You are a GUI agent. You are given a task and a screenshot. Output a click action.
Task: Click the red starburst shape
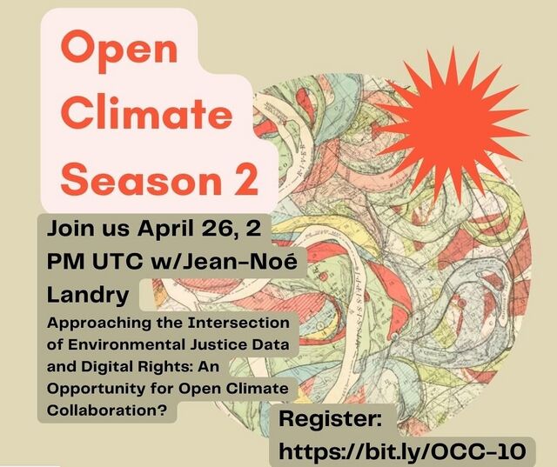pos(451,125)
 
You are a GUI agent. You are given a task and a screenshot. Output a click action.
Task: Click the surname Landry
pos(88,296)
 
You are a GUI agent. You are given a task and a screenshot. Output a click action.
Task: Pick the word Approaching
pos(98,324)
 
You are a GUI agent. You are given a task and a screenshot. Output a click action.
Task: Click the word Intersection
pos(238,323)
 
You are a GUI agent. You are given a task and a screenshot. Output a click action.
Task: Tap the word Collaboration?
pos(107,410)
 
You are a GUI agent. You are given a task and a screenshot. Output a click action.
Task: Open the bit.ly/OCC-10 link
pos(402,451)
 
